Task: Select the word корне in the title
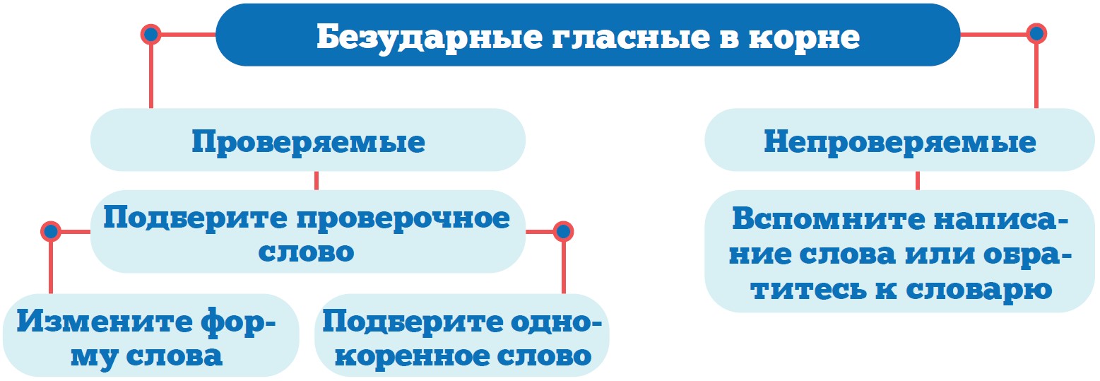pyautogui.click(x=802, y=37)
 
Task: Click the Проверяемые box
pyautogui.click(x=308, y=141)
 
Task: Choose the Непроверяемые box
pyautogui.click(x=899, y=141)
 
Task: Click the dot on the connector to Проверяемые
pyautogui.click(x=150, y=33)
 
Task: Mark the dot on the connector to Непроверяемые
pyautogui.click(x=1036, y=33)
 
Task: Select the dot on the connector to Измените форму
pyautogui.click(x=50, y=231)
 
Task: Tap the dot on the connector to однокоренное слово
pyautogui.click(x=563, y=231)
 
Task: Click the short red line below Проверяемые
pyautogui.click(x=316, y=180)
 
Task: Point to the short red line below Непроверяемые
pyautogui.click(x=917, y=180)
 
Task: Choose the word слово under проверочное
pyautogui.click(x=307, y=252)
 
